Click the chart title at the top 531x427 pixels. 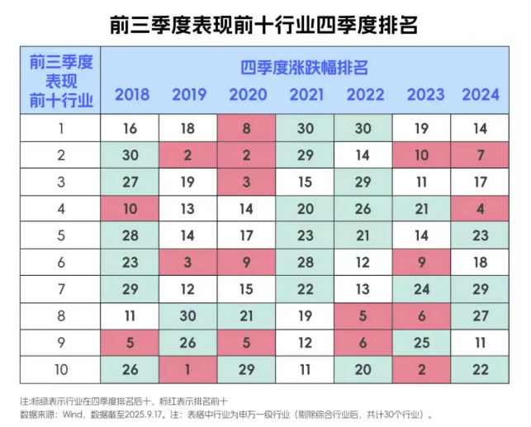pos(264,24)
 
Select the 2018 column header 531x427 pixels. pos(132,94)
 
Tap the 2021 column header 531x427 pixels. pos(306,94)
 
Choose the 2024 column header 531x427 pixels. pos(481,94)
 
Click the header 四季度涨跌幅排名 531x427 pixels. pos(305,66)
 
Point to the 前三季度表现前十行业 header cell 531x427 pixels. pos(61,81)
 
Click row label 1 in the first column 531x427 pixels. pos(61,128)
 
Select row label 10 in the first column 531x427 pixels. pos(61,369)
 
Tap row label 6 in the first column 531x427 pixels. pos(61,262)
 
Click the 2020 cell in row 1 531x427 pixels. pos(248,128)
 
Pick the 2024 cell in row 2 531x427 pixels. pos(481,155)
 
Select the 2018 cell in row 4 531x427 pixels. pos(131,209)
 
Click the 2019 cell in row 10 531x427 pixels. pos(189,369)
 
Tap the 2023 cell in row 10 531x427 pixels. pos(423,369)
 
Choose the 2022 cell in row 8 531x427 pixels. pos(364,316)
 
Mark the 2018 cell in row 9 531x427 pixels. pos(131,342)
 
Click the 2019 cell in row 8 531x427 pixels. pos(189,316)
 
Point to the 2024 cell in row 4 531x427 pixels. pos(481,209)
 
